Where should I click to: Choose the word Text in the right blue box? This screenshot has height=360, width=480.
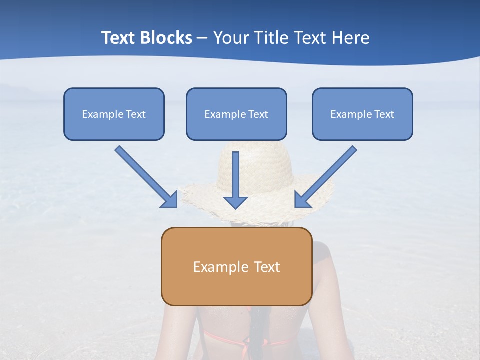383,114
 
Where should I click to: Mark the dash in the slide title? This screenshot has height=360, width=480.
202,38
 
